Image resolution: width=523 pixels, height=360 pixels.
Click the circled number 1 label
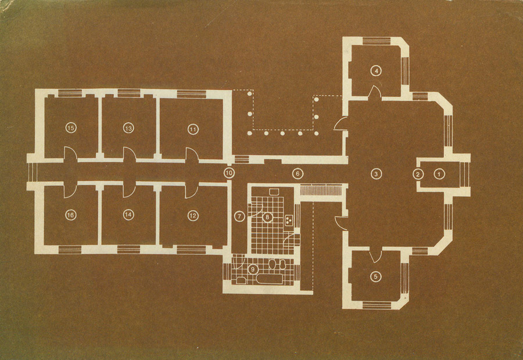tap(439, 174)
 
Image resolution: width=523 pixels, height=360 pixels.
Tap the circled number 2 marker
tap(418, 174)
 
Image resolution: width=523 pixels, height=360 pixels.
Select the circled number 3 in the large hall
tap(376, 174)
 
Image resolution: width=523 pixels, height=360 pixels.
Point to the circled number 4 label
tap(376, 71)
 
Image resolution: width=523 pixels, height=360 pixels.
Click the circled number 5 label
tap(376, 276)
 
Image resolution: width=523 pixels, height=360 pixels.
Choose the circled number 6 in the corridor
tap(298, 174)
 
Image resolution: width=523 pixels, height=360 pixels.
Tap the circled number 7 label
tap(239, 217)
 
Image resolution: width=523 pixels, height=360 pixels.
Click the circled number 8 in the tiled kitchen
tap(267, 217)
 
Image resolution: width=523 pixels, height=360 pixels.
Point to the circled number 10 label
tap(229, 173)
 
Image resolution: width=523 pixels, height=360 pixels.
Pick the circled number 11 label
tap(193, 129)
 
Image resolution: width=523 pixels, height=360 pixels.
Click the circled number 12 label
tap(193, 215)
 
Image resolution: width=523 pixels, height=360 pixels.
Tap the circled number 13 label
tap(128, 128)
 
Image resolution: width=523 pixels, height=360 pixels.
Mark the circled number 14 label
tap(128, 215)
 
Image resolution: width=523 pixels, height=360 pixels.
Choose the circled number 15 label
tap(71, 128)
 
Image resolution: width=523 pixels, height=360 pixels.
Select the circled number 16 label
tap(70, 215)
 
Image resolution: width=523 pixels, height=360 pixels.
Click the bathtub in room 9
tap(270, 279)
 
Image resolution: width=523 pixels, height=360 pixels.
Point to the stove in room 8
tap(289, 219)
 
